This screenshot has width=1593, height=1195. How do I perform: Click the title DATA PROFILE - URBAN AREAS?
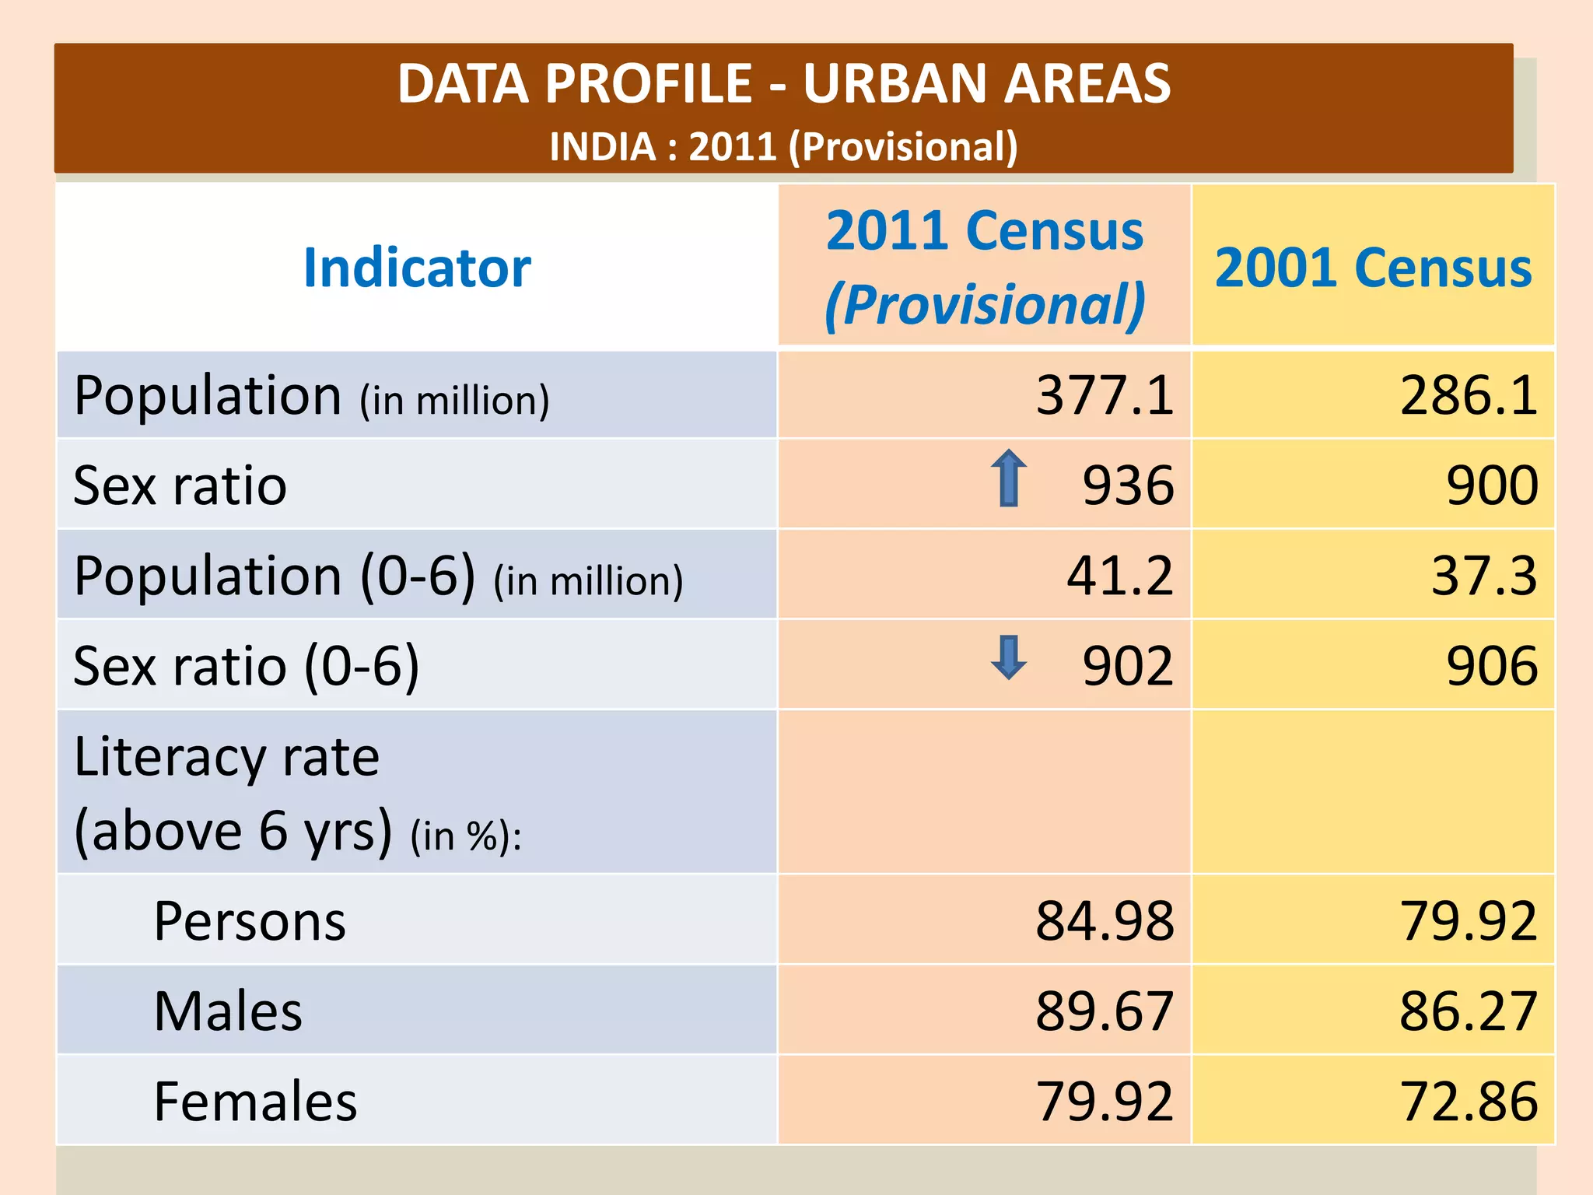click(783, 83)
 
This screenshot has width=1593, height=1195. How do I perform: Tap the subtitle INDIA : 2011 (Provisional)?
click(783, 146)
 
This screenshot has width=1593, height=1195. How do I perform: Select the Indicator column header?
click(417, 268)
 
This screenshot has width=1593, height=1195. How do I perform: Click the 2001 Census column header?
click(1373, 268)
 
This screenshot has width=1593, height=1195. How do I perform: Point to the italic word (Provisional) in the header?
click(985, 304)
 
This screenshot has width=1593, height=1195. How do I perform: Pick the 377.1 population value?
click(1104, 395)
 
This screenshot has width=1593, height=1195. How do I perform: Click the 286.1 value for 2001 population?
click(1468, 395)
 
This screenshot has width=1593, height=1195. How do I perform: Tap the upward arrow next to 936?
click(1009, 478)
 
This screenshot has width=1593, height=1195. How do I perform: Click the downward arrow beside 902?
click(1009, 657)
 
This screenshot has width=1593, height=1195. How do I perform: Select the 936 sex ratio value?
click(1127, 485)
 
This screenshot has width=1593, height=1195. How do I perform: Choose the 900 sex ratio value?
click(1491, 485)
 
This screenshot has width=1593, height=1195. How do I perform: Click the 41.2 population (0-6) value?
click(1119, 576)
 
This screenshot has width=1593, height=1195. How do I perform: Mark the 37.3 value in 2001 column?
click(1483, 576)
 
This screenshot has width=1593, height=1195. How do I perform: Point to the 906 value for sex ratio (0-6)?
click(1491, 666)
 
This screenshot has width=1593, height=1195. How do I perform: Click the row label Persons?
click(250, 921)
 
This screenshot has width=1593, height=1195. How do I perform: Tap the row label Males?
click(228, 1011)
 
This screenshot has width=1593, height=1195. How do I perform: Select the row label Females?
click(255, 1102)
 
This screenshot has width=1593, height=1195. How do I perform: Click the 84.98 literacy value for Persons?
click(1104, 921)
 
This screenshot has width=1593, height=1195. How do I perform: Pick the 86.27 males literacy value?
click(1468, 1011)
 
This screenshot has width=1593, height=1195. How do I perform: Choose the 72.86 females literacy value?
click(1468, 1102)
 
